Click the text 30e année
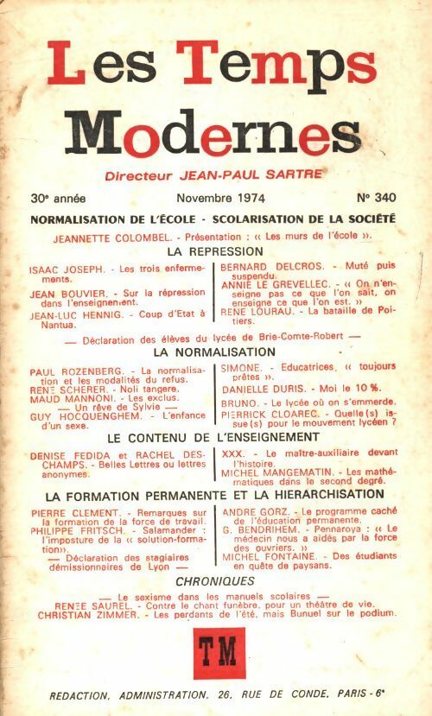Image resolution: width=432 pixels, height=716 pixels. coord(60,197)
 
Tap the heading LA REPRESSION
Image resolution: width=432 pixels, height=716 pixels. coord(214,250)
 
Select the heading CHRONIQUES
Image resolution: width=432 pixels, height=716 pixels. coord(214,581)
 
